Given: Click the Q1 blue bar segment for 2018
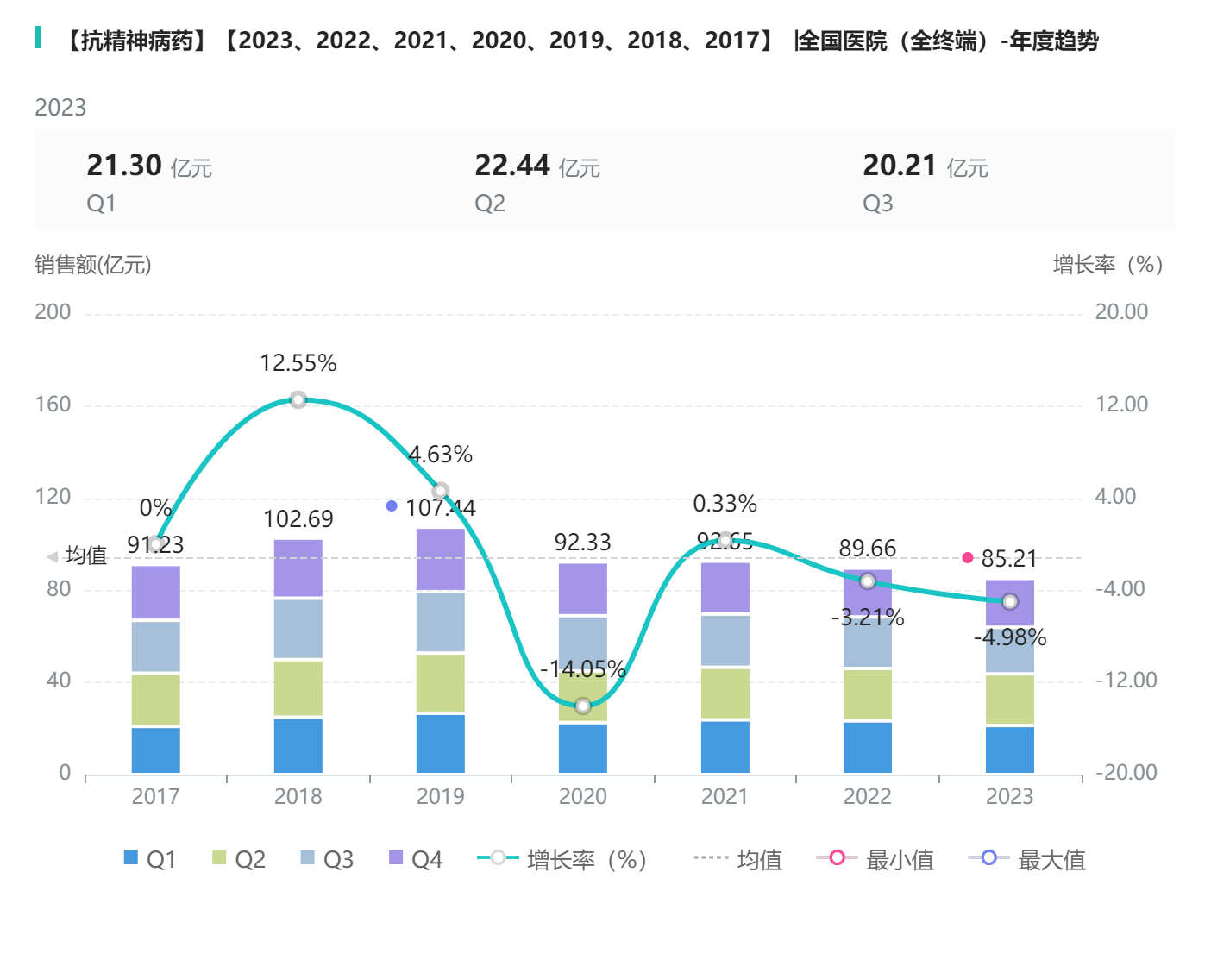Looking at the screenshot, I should (x=298, y=745).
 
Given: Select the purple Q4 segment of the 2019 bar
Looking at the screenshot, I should (x=440, y=559).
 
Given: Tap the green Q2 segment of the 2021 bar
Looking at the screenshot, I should (x=725, y=693).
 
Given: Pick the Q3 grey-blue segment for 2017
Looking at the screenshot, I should (x=156, y=646).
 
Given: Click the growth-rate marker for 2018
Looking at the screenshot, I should (x=298, y=399).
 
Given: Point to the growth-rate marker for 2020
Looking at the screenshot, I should (x=583, y=706).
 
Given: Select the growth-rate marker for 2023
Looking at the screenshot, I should (x=1010, y=601).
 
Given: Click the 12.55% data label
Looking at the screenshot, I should (x=298, y=363).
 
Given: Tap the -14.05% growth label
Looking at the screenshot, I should (x=583, y=668).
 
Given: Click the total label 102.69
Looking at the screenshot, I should (x=298, y=518).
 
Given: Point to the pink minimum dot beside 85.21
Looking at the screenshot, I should (x=968, y=558).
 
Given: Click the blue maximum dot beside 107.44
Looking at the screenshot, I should (x=392, y=506).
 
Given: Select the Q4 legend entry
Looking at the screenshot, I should (x=416, y=859).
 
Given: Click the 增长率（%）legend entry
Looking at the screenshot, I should (x=562, y=859).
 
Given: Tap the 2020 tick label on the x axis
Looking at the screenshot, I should (x=583, y=796).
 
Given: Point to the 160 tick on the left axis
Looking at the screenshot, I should (x=53, y=405).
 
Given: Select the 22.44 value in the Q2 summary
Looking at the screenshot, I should (x=512, y=165).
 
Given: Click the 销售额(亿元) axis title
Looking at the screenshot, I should (x=93, y=265).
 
